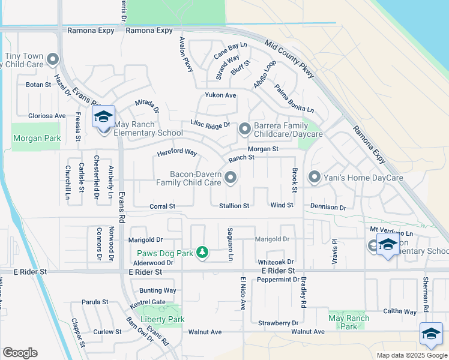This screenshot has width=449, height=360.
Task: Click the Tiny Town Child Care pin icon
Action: pyautogui.click(x=52, y=59)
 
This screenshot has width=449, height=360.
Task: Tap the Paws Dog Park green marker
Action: pyautogui.click(x=202, y=253)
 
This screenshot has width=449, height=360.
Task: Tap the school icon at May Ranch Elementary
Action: pyautogui.click(x=103, y=118)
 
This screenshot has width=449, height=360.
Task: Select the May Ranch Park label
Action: pyautogui.click(x=346, y=322)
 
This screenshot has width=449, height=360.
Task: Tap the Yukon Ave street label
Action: pyautogui.click(x=220, y=95)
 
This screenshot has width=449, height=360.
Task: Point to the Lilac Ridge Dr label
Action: pyautogui.click(x=211, y=124)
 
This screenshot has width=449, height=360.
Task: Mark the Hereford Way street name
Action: pyautogui.click(x=177, y=153)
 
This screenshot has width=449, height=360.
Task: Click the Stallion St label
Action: pyautogui.click(x=234, y=206)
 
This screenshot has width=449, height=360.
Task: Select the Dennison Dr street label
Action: pyautogui.click(x=328, y=207)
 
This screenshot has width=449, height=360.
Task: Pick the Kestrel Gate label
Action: pyautogui.click(x=149, y=302)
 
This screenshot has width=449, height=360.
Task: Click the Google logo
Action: pyautogui.click(x=20, y=353)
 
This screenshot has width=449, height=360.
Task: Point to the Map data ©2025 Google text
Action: pyautogui.click(x=411, y=355)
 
